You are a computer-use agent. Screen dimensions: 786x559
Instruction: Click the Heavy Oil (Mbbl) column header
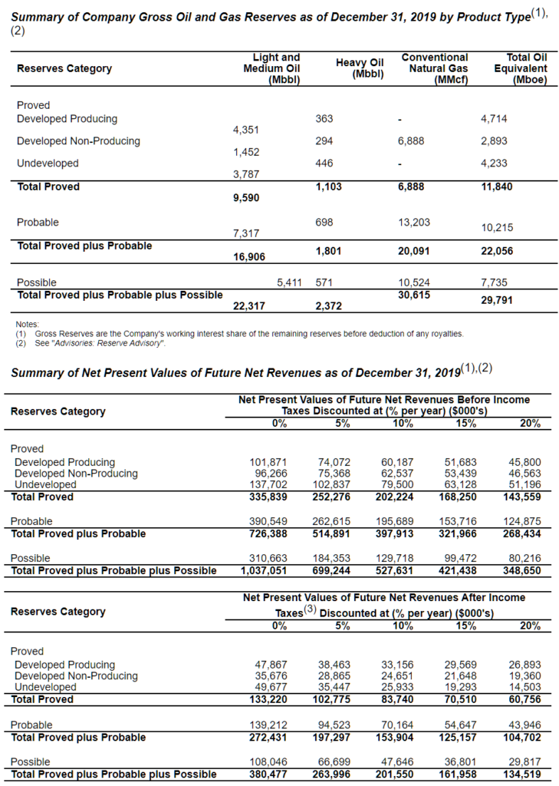click(x=360, y=68)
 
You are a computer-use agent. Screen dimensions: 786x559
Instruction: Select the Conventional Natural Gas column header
click(x=434, y=68)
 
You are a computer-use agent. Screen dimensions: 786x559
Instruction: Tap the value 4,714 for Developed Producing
click(x=495, y=119)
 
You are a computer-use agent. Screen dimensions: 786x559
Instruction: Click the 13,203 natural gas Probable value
click(x=415, y=222)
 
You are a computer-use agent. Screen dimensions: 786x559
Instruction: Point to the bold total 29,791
click(x=497, y=302)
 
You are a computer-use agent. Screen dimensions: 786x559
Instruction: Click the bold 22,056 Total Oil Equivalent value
click(x=497, y=251)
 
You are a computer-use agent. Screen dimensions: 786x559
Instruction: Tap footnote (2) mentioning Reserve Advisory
click(x=90, y=343)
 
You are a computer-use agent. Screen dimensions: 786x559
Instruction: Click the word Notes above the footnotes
click(x=27, y=325)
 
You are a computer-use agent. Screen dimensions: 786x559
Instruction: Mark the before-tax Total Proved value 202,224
click(x=397, y=497)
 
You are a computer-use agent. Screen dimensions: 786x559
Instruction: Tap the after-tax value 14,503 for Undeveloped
click(x=524, y=687)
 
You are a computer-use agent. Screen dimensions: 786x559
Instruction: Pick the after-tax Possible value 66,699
click(x=334, y=761)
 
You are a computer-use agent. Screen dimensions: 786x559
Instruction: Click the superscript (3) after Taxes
click(x=310, y=609)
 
